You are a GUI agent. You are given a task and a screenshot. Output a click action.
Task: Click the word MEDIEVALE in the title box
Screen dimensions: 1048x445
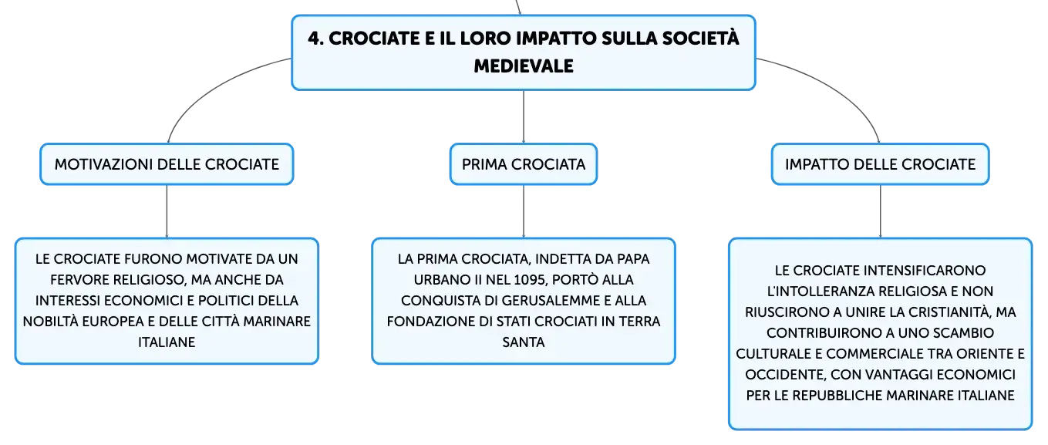[524, 66]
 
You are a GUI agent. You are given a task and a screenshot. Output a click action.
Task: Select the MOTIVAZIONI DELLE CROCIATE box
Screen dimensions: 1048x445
[167, 164]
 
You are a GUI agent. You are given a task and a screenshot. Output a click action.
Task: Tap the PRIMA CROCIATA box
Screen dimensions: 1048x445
[524, 164]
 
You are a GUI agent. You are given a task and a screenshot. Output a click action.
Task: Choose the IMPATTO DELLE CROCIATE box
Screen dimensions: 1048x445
[880, 164]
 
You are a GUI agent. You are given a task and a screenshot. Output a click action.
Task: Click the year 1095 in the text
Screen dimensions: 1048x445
[530, 280]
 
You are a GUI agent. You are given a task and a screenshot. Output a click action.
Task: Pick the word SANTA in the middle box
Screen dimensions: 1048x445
[524, 342]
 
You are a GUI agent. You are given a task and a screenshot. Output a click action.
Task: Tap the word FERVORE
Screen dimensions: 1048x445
[80, 280]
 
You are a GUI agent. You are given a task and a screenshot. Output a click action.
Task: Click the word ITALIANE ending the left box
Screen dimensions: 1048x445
[167, 342]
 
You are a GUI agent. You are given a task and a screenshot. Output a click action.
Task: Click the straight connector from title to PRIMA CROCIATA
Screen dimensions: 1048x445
[524, 116]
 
